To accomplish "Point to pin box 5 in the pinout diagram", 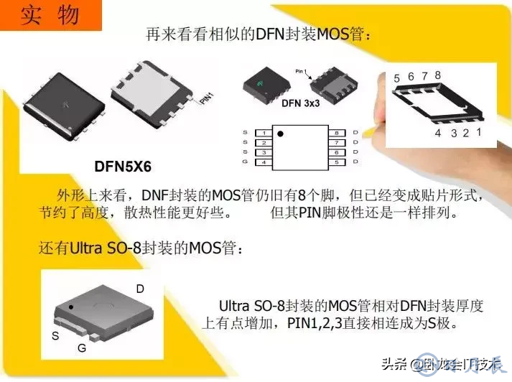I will tap(335, 162).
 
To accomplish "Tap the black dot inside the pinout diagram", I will tap(281, 134).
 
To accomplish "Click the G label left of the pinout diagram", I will tap(246, 162).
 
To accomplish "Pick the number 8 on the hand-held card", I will tap(437, 75).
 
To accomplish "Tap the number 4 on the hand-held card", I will tap(438, 133).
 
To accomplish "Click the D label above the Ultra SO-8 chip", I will tap(140, 289).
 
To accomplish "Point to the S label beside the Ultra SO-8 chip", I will tap(55, 335).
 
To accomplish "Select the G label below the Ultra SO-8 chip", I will tap(82, 348).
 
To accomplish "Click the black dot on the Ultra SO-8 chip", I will tap(71, 307).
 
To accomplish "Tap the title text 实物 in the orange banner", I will tap(48, 15).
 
